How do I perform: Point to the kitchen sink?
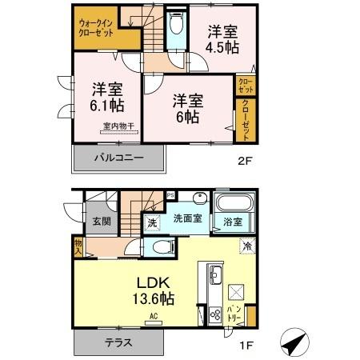(x=215, y=276)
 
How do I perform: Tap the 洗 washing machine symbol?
(x=151, y=223)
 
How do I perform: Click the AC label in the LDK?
(x=153, y=316)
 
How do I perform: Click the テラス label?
(x=117, y=343)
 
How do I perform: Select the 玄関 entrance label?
(x=100, y=222)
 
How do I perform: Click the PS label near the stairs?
(x=170, y=195)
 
